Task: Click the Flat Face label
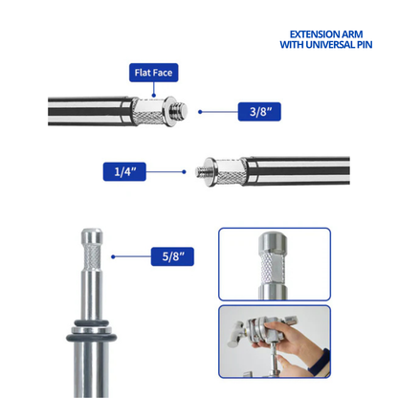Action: point(153,73)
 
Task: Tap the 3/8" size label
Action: point(259,112)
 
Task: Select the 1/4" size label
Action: point(124,171)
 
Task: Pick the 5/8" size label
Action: point(172,256)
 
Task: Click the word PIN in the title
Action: point(365,44)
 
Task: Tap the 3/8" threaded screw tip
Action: point(181,110)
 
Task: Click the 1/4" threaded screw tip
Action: point(200,172)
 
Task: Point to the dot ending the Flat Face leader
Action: point(154,95)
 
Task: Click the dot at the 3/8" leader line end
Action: point(200,112)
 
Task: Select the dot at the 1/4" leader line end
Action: point(184,172)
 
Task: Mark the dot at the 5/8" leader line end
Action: point(113,256)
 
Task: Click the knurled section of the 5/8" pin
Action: point(92,256)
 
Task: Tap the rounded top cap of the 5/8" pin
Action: point(92,235)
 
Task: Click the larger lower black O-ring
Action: point(92,338)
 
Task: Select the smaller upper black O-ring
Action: point(92,323)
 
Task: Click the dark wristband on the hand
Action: point(320,364)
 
